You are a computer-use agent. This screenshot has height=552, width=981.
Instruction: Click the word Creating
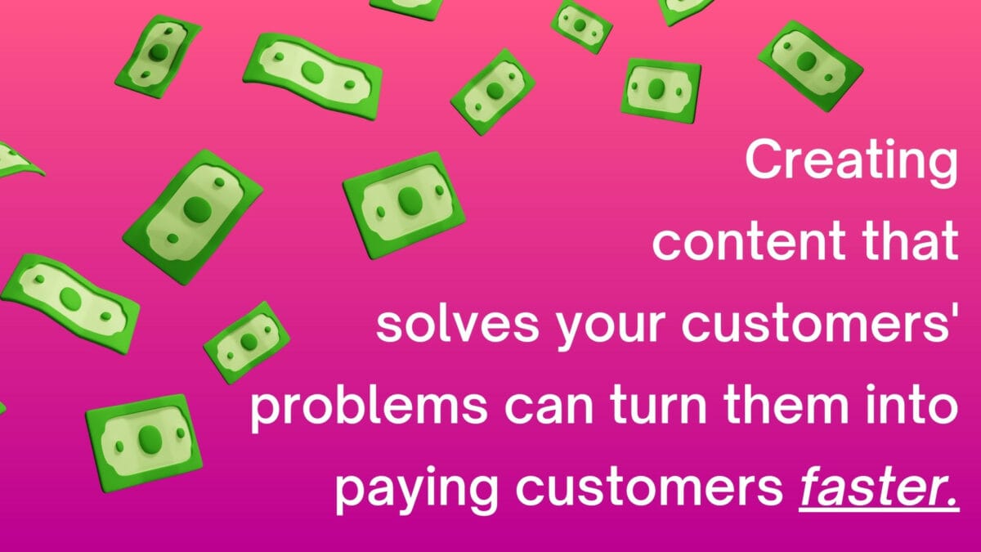pyautogui.click(x=850, y=161)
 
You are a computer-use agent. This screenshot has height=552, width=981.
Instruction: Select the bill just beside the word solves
pyautogui.click(x=246, y=341)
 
